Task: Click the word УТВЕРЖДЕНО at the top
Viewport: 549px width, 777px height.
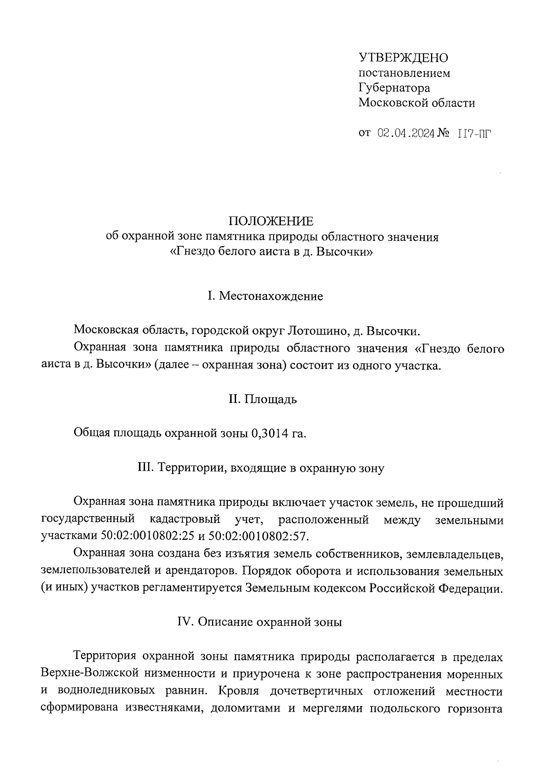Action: (x=404, y=58)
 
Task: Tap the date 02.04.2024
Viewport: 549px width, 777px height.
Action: (x=406, y=134)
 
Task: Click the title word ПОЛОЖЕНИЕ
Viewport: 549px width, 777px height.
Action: (x=272, y=222)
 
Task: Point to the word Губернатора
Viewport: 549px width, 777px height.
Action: (x=394, y=87)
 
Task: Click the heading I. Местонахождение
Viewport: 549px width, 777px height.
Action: (x=265, y=296)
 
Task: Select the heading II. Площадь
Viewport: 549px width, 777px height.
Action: (x=263, y=399)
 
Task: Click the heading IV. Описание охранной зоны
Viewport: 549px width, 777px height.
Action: (x=259, y=623)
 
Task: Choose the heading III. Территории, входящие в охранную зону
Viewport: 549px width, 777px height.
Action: (x=261, y=468)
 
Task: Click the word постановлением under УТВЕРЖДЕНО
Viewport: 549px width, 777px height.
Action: (x=404, y=73)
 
